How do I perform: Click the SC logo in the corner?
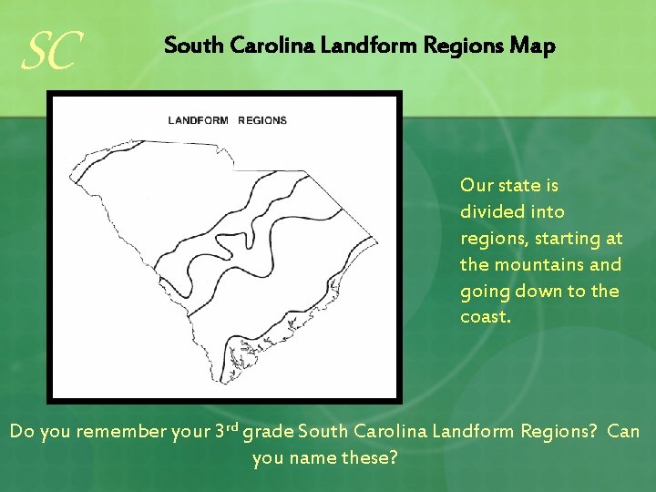tap(53, 53)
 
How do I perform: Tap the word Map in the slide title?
tap(535, 46)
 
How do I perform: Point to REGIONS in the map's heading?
tap(262, 120)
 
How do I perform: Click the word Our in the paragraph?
tap(476, 186)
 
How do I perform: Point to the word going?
tap(485, 292)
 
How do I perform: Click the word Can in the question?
tap(623, 430)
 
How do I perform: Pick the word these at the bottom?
tap(369, 457)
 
